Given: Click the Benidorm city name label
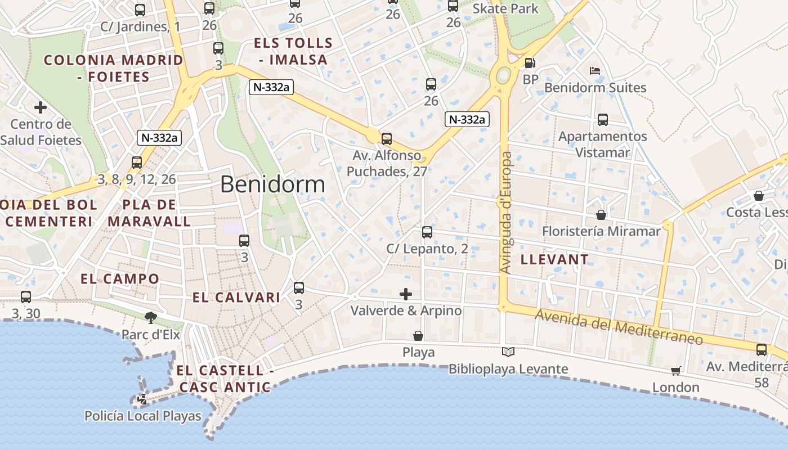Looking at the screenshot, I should click(272, 184).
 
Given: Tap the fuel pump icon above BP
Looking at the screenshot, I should click(530, 63).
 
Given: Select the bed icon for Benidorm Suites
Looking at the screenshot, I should click(595, 71).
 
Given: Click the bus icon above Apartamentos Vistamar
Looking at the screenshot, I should click(603, 120).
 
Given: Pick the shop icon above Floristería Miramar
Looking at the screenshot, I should click(601, 215).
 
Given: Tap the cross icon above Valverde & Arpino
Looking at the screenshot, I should click(406, 294).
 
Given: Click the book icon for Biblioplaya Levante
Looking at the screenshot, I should click(508, 352).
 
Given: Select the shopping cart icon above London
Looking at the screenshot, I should click(675, 371).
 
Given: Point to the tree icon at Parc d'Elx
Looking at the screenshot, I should click(150, 318).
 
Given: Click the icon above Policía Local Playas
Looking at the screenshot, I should click(142, 399).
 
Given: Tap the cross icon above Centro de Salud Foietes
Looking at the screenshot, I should click(41, 107).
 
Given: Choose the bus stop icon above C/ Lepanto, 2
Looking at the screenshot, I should click(427, 232).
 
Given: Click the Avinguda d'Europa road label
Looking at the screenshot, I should click(505, 213).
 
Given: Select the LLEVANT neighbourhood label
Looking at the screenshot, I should click(554, 260).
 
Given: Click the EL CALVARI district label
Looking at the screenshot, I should click(236, 298).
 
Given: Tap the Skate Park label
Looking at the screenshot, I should click(505, 8).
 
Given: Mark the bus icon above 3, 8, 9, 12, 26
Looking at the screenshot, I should click(137, 163).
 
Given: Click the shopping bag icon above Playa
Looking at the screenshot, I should click(418, 336).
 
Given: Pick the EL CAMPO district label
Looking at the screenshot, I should click(120, 279).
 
